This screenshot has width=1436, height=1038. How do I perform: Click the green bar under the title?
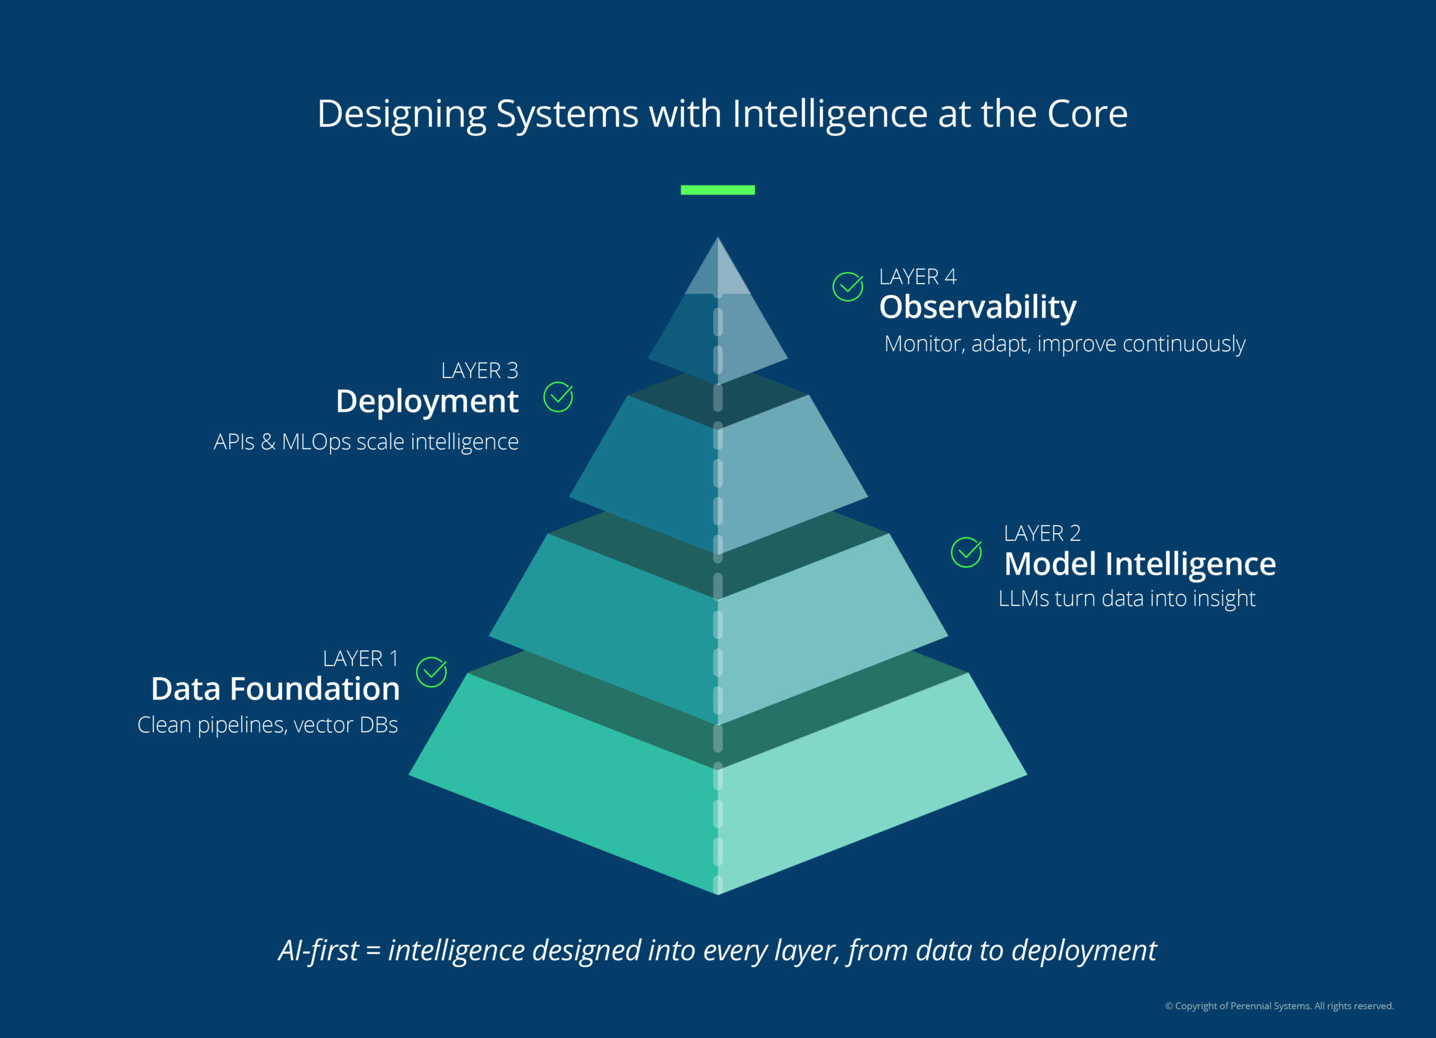pos(717,190)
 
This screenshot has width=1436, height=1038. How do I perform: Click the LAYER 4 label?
pos(918,277)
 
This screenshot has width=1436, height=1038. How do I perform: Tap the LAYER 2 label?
pos(1042,533)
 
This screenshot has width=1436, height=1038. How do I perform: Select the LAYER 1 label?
pos(360,659)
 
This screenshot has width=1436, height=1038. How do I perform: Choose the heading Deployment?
pos(427,402)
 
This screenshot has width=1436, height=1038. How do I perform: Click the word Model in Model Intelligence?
pos(1051,564)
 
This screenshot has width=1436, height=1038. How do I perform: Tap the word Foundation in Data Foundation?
pos(315,688)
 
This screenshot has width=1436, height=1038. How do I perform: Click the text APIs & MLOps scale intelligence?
pos(366,442)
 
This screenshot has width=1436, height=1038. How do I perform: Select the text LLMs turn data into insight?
pos(1126,599)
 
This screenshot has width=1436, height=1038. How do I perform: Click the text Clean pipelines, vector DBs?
pos(268,725)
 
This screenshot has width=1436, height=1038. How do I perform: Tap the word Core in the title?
pos(1087,114)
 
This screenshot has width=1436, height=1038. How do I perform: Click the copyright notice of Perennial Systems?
pos(1279,1005)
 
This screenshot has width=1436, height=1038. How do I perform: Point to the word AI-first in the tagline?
pos(319,950)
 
